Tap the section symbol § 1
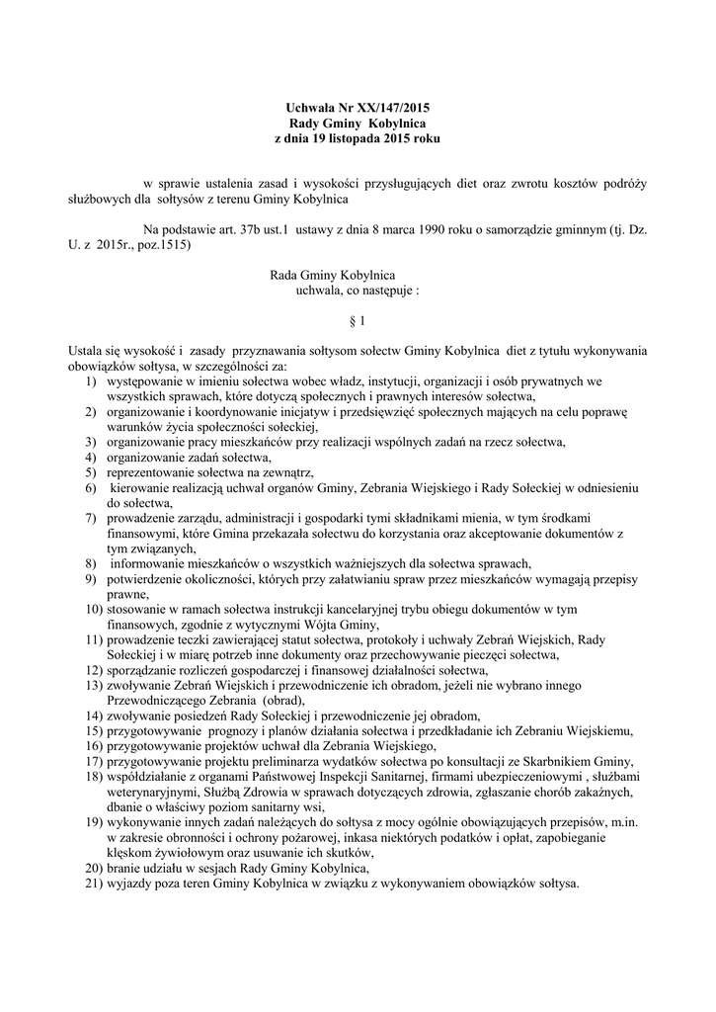coord(358,321)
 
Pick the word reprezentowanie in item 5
coord(153,473)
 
